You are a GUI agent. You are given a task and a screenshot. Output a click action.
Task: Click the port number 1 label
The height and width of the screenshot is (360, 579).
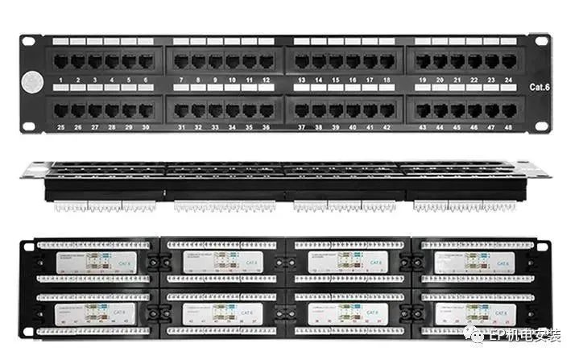[62, 81]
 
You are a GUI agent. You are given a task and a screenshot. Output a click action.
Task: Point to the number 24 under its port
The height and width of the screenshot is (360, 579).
[508, 81]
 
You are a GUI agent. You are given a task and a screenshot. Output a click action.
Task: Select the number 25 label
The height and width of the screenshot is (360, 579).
[60, 127]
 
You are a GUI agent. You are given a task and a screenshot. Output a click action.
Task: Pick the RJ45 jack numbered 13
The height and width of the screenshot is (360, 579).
[302, 61]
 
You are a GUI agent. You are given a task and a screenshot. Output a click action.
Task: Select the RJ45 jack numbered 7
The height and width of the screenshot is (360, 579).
[181, 61]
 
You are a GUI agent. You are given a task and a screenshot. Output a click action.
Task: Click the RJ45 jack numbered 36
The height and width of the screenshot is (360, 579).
[266, 110]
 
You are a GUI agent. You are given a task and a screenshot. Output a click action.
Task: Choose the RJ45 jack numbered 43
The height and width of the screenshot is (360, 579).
[423, 110]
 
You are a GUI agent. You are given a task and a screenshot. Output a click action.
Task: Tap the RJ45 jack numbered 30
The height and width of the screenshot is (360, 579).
[145, 110]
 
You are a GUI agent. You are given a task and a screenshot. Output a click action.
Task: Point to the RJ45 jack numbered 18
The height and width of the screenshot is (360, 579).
[387, 61]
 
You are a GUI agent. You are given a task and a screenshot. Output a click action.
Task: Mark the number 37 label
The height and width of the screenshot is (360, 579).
[302, 127]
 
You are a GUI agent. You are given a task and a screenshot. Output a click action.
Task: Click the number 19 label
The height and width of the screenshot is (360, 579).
[423, 81]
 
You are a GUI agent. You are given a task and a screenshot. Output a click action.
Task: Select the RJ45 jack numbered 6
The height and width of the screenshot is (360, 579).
[145, 61]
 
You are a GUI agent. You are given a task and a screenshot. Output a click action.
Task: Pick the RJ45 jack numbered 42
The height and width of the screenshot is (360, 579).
[387, 110]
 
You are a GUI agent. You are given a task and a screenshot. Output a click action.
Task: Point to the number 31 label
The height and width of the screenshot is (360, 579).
[181, 127]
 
